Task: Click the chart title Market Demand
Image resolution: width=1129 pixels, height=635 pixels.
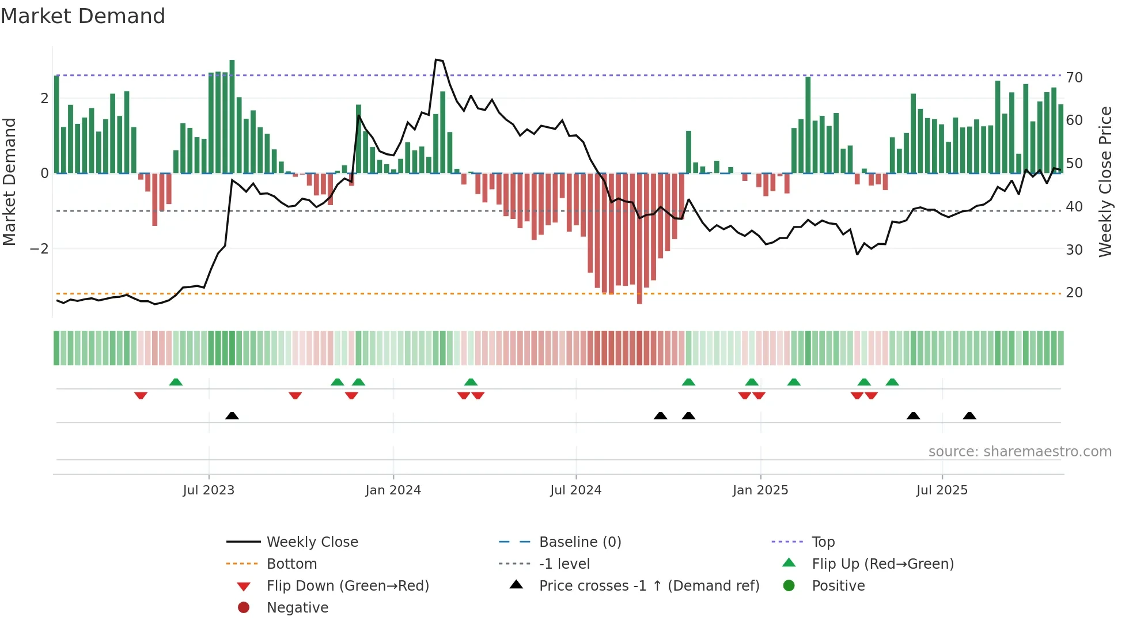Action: point(83,16)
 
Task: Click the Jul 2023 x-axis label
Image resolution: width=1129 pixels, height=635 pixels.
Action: point(209,490)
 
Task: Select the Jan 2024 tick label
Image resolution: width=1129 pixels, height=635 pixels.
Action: point(393,490)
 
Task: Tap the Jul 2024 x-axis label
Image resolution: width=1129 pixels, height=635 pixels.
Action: point(575,490)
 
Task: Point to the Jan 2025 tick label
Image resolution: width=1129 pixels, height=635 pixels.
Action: point(760,490)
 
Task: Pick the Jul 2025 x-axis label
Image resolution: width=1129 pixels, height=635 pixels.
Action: point(942,490)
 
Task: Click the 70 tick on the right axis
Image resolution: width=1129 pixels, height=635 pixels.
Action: point(1074,78)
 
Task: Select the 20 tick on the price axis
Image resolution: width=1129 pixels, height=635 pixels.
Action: point(1074,293)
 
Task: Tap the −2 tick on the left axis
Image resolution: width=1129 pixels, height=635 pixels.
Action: point(39,249)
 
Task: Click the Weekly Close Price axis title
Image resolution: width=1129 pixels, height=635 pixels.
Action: point(1105,182)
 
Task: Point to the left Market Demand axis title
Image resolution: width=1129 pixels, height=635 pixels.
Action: point(10,182)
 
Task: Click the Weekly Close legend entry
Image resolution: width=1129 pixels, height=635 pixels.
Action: point(312,542)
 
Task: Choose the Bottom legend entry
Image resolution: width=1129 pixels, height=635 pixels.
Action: point(291,564)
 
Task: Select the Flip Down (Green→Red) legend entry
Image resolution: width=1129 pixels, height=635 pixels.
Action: point(347,586)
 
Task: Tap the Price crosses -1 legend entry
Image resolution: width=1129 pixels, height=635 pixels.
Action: point(649,586)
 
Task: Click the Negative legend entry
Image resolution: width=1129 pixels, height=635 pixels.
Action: point(297,608)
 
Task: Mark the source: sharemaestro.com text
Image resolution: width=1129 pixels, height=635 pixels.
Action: point(1020,452)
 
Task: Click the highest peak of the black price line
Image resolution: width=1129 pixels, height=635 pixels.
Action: point(436,60)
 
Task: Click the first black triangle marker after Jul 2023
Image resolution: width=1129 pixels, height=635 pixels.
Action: point(232,415)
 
